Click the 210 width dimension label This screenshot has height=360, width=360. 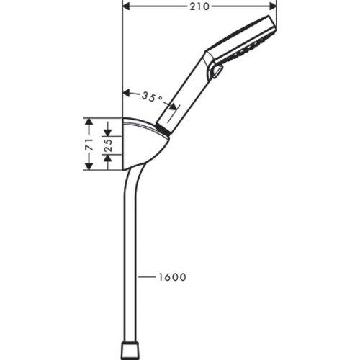199,6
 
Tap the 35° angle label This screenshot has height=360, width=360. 153,97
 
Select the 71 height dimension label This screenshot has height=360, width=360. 89,144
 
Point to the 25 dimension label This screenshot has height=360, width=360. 108,145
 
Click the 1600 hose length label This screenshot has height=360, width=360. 172,277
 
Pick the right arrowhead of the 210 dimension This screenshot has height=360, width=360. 273,6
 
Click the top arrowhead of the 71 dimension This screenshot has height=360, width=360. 89,122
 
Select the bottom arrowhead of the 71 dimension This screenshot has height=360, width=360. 89,166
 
